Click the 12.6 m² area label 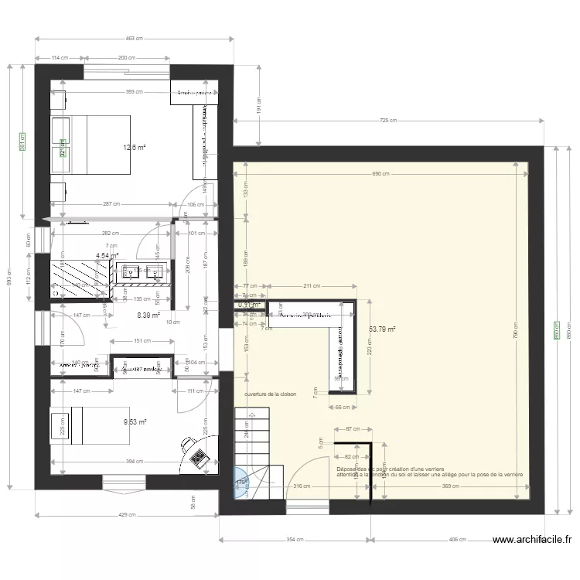[134, 147]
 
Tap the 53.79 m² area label [382, 329]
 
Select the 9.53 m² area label [135, 421]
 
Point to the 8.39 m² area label [148, 315]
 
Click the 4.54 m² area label [107, 255]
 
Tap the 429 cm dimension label [125, 515]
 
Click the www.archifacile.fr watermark [531, 541]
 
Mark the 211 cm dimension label [311, 286]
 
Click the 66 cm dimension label [342, 406]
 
